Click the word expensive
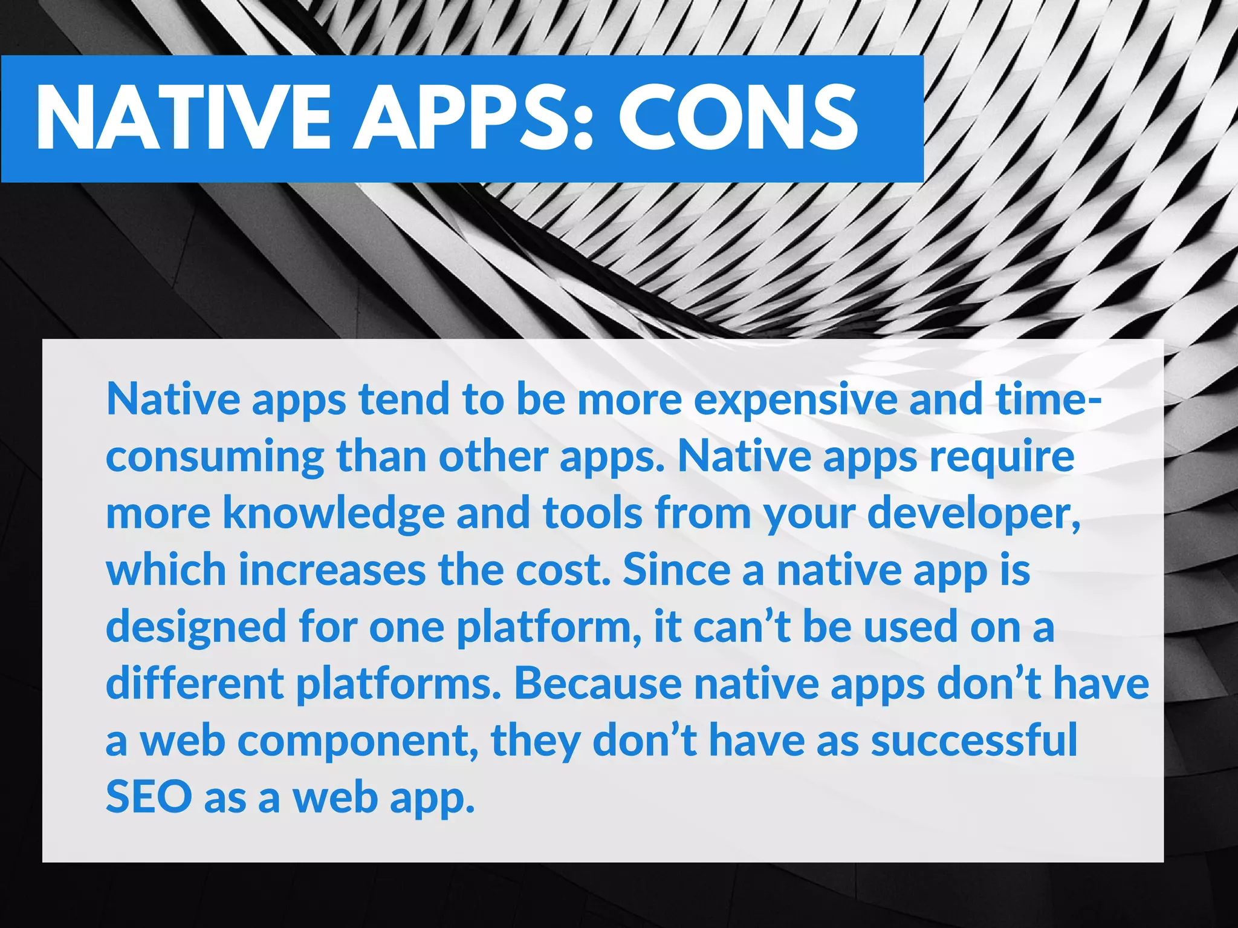click(796, 400)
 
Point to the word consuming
click(215, 458)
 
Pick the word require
click(1002, 458)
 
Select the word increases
click(332, 570)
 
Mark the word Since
click(676, 570)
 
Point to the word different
click(195, 684)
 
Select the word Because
click(598, 684)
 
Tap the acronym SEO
click(149, 797)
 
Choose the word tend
click(404, 400)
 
